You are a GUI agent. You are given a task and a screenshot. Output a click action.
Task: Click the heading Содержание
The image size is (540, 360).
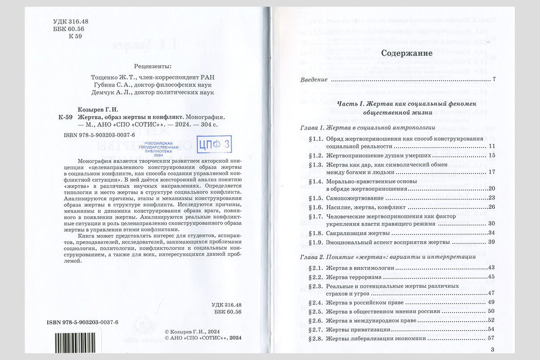coord(406,53)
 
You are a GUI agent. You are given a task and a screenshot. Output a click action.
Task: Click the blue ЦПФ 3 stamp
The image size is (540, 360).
coord(214,144)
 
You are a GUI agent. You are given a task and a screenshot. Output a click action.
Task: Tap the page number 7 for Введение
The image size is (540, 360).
coord(494,80)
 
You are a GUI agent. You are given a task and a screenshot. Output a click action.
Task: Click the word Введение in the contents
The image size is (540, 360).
coord(314,80)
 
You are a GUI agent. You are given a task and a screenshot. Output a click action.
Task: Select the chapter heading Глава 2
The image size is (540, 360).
coord(313,257)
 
